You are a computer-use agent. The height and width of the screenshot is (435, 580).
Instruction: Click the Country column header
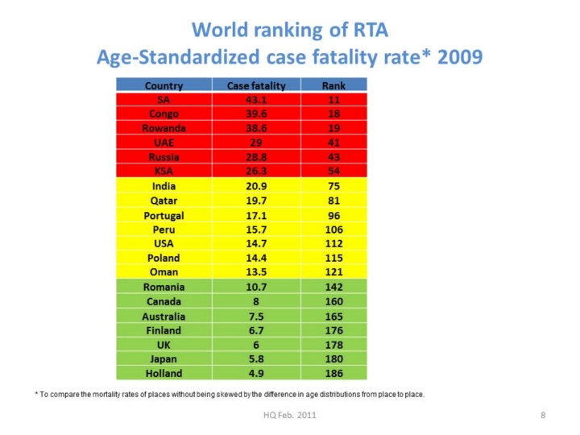164,85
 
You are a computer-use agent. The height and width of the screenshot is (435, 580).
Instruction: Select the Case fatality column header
255,85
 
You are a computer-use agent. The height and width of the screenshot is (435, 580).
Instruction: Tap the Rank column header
333,85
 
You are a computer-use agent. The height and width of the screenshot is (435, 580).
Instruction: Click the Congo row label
164,114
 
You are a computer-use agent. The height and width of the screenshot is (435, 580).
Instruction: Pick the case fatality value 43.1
255,99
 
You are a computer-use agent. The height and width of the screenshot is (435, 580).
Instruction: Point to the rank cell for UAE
333,143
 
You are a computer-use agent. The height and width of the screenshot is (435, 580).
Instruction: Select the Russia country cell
164,157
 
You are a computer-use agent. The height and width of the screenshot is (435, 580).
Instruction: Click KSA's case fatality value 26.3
255,172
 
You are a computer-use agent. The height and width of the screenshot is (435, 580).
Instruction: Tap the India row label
164,186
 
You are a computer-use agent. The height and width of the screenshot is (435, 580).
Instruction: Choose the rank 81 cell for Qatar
333,201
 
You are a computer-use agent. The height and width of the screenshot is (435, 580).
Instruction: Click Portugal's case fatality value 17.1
255,215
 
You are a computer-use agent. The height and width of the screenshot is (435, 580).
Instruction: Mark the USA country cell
164,243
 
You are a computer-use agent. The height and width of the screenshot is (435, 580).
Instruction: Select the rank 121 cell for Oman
333,272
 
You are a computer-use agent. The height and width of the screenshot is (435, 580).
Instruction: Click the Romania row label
164,287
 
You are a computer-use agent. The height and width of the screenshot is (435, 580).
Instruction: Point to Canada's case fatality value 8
255,301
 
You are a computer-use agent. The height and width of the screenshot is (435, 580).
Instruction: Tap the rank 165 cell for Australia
333,316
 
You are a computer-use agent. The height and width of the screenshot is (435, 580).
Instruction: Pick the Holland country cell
164,373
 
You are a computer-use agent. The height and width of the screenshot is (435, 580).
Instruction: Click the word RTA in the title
369,31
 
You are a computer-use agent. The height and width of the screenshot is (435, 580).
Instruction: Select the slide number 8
543,415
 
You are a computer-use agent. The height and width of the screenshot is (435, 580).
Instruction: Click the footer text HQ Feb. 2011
289,415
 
